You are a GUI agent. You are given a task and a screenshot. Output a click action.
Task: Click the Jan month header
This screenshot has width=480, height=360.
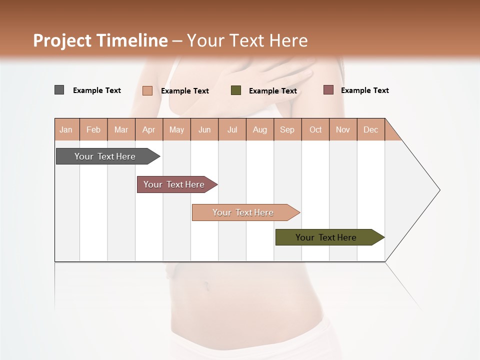66,129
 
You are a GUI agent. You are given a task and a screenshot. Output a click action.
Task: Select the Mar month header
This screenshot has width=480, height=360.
121,129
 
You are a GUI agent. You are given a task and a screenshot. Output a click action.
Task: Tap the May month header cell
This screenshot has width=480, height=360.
176,129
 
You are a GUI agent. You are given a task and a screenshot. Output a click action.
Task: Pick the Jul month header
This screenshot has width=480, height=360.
232,129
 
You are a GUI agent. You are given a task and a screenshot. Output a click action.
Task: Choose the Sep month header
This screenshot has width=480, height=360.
287,129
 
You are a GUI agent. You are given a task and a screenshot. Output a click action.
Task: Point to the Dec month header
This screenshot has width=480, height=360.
370,129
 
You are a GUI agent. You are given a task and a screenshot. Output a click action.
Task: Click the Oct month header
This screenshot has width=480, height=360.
315,129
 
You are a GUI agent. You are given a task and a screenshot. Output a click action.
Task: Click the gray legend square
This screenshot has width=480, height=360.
59,90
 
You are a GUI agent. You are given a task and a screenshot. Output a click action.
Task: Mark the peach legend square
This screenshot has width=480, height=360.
147,90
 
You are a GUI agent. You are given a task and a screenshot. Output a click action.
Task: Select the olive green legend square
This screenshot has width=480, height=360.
236,90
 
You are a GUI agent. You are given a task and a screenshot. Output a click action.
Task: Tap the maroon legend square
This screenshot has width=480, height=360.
328,90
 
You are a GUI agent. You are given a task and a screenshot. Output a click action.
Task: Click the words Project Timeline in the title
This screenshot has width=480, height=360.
100,40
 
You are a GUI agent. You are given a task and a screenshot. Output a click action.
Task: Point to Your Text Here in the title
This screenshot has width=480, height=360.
247,40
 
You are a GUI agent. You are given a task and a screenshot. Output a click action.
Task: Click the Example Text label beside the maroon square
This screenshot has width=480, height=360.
364,90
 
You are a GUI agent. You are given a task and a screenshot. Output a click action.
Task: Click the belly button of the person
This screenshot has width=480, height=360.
205,286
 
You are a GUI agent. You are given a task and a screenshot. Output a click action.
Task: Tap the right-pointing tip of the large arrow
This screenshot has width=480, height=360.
438,190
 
